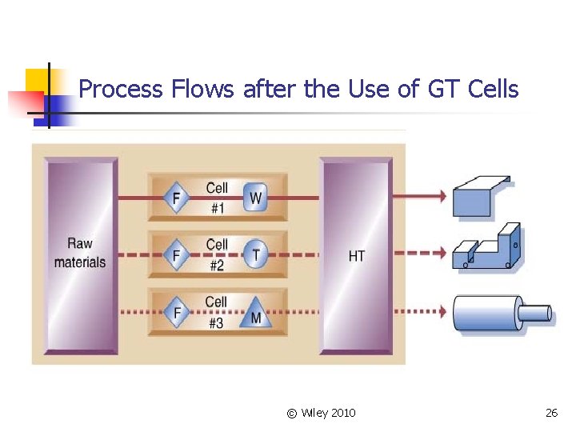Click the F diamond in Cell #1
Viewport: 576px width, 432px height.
[x=176, y=197]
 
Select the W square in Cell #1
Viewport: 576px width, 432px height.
[x=255, y=197]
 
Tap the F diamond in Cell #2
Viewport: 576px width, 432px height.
[x=176, y=255]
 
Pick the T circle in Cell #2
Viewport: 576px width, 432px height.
[x=256, y=254]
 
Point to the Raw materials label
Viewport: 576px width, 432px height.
[x=80, y=253]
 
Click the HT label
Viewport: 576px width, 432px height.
[x=357, y=256]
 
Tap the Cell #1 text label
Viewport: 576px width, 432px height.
[x=217, y=197]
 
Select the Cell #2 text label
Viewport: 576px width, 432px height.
[x=217, y=254]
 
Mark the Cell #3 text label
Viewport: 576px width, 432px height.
[x=217, y=312]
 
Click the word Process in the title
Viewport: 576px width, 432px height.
[x=123, y=89]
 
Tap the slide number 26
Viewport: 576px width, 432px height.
[x=551, y=413]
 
